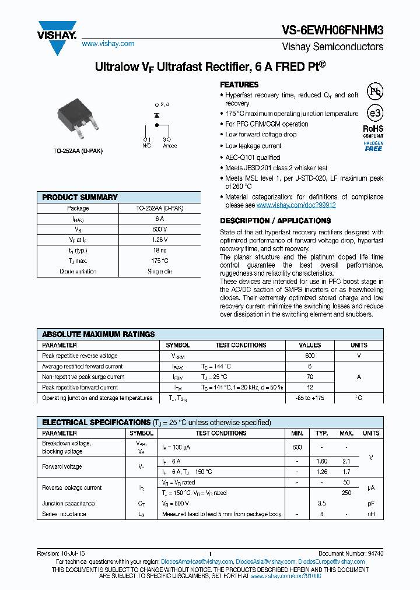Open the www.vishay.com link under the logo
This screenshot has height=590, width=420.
(x=108, y=44)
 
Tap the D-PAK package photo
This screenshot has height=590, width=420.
(x=78, y=123)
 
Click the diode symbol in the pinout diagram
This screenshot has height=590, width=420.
(x=156, y=115)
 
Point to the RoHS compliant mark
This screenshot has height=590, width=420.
(x=373, y=131)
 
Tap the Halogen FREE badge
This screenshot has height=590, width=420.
(x=373, y=146)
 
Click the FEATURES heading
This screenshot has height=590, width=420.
(x=239, y=85)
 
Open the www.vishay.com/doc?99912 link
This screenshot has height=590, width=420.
(x=296, y=205)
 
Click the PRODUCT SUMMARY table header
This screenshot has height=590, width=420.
(x=80, y=197)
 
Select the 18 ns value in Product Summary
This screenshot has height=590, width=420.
(x=160, y=250)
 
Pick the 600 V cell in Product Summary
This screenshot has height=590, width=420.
(x=160, y=229)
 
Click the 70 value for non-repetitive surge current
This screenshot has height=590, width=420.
(x=310, y=377)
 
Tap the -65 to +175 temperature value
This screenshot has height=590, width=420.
(x=310, y=398)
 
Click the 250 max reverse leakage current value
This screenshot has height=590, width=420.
(x=346, y=493)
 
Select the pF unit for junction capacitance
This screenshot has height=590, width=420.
(x=371, y=503)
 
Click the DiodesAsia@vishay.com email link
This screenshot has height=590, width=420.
(x=269, y=561)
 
